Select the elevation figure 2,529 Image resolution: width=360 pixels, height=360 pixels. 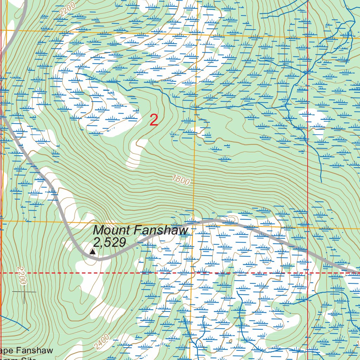click(109, 242)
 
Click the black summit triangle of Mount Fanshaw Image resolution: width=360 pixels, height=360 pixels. click(92, 252)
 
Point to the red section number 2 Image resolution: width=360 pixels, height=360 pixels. click(154, 120)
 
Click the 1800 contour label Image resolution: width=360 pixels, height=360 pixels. click(181, 181)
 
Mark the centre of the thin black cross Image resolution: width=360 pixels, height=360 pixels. click(24, 292)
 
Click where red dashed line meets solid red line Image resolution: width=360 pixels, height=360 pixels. click(308, 273)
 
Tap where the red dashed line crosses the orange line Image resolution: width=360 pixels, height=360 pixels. click(192, 273)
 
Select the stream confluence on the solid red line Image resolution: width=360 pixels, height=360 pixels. click(308, 71)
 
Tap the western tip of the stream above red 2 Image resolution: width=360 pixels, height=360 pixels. click(77, 73)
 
